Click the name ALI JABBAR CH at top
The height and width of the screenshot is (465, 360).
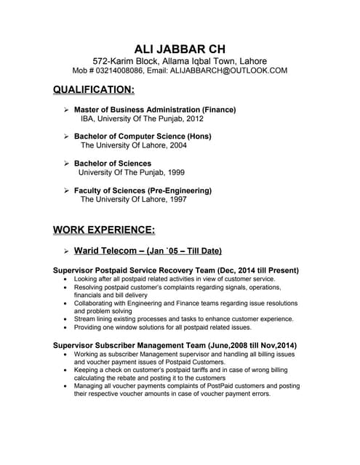[180, 47]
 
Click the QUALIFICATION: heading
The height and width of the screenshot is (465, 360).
[94, 90]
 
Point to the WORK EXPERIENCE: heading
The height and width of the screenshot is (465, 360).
[104, 230]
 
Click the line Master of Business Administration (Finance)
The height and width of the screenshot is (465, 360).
[155, 110]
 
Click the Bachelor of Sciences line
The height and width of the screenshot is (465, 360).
[113, 163]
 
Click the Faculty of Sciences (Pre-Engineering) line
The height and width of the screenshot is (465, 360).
[143, 190]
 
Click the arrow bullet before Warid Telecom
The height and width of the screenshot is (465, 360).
[65, 251]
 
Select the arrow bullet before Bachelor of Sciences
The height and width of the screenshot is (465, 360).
[65, 163]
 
